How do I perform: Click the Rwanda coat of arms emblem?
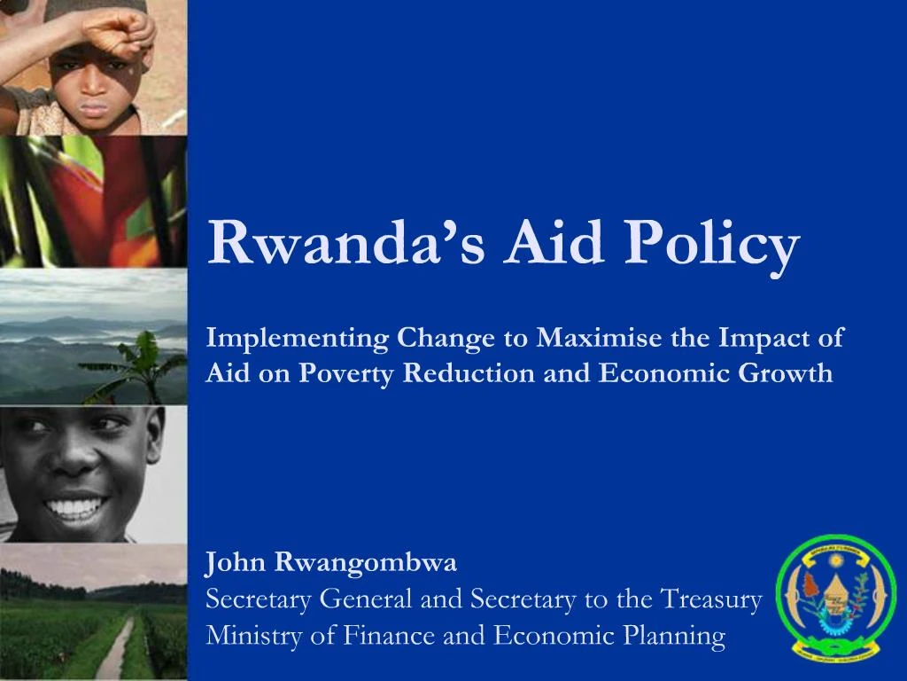(836, 599)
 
